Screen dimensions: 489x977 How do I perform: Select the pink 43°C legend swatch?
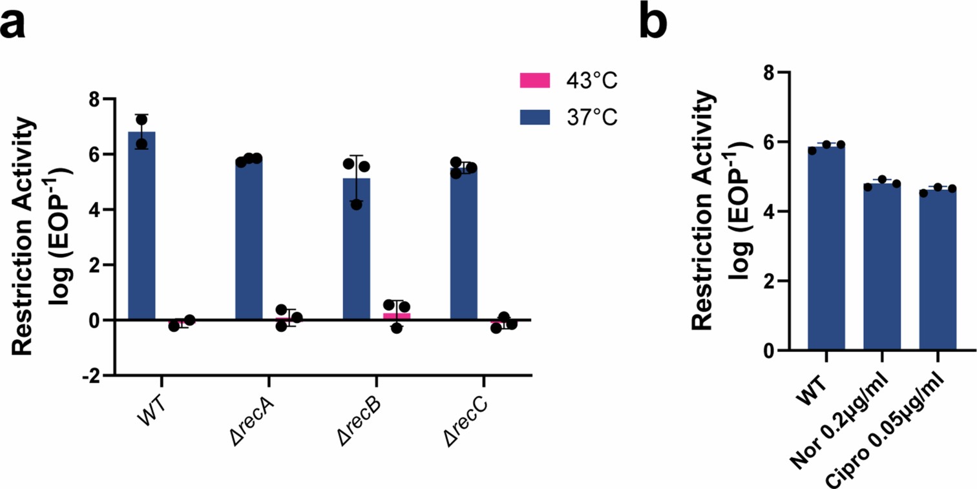point(534,81)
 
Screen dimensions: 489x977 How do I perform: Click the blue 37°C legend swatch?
point(534,117)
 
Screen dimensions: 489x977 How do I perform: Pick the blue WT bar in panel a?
point(142,226)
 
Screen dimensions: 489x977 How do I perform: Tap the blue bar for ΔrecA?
point(249,239)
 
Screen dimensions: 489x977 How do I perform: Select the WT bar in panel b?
point(826,249)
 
